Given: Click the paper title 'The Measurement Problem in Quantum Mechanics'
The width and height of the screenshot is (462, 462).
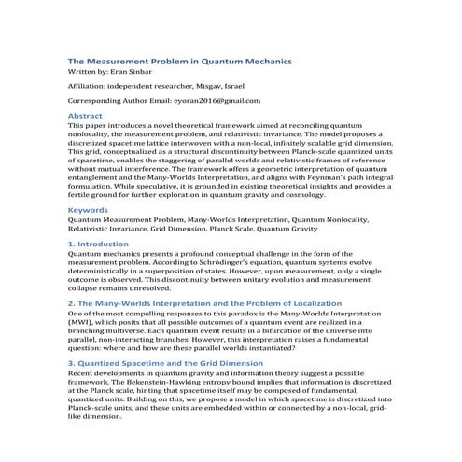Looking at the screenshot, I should click(180, 61).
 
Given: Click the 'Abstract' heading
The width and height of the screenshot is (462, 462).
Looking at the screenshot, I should click(86, 116).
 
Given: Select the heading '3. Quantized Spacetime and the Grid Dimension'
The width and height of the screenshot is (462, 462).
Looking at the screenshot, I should click(166, 362).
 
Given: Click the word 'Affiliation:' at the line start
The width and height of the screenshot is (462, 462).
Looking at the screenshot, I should click(93, 85).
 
